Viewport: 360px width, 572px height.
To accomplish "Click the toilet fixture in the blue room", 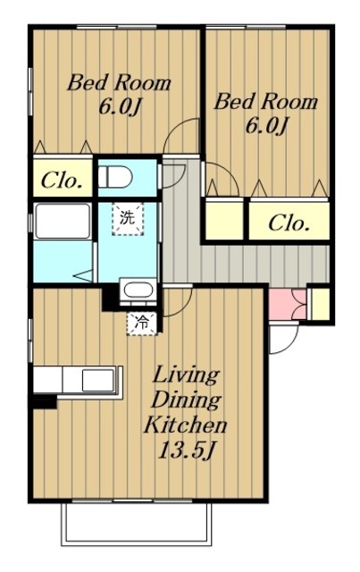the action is (115, 177).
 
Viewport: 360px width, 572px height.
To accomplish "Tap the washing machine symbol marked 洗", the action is (127, 219).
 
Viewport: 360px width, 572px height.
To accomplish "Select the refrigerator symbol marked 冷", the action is (142, 323).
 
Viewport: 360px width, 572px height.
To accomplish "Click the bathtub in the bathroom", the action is (63, 221).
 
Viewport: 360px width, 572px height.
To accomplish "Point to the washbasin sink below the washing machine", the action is (138, 290).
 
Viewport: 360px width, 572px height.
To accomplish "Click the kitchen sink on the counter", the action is (97, 380).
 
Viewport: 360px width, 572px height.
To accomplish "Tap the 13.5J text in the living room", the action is (185, 451).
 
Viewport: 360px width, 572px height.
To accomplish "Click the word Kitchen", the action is (185, 425).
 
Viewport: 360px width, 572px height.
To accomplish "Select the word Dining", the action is (185, 400).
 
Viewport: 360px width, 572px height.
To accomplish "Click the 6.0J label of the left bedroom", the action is (120, 107).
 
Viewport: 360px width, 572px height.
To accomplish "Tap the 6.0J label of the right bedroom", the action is (266, 126).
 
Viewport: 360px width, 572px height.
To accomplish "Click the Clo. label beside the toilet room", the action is (62, 180).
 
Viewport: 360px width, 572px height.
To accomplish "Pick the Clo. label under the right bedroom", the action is (289, 223).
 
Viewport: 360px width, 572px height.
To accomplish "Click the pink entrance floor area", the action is (288, 305).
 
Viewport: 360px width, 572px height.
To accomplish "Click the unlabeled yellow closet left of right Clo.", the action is (224, 219).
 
